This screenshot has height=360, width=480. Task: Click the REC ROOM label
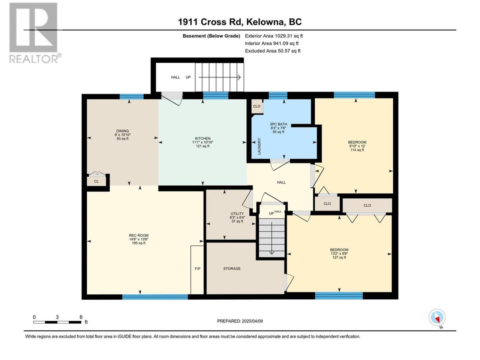coord(139,235)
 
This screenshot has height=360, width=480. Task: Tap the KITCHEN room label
coord(203,138)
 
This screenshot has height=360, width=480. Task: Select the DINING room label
coord(123,131)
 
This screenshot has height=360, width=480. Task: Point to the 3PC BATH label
coord(278,124)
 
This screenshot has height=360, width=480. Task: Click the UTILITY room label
coord(237,213)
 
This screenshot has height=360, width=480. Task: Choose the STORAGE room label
coord(232,268)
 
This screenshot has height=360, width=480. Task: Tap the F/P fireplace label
coord(198,268)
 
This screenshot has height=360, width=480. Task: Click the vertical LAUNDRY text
coord(259,146)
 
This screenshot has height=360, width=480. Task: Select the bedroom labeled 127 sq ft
coord(339,253)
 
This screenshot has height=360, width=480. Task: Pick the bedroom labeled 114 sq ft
coord(357,146)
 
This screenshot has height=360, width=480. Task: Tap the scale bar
coord(57,322)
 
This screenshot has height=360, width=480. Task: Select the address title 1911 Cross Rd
coord(210,22)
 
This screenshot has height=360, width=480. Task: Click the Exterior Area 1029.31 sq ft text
coord(274,36)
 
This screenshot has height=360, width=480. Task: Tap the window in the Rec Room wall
coord(155,297)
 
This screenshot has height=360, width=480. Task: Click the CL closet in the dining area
coord(96,181)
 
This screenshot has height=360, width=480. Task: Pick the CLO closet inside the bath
coord(257,106)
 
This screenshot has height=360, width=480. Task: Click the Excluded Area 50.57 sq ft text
coord(273,51)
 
